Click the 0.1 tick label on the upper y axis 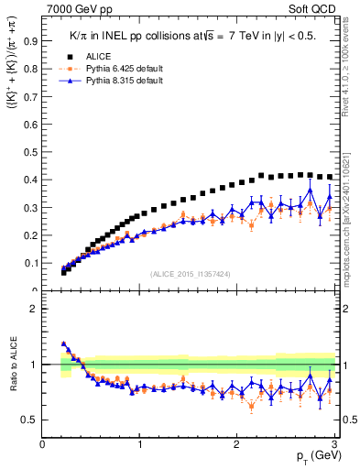tap(31, 264)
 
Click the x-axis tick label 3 tap(335, 445)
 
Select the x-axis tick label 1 tap(140, 445)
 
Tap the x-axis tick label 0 tap(43, 445)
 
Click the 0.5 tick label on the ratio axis tap(30, 420)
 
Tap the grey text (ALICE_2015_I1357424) tap(191, 274)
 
